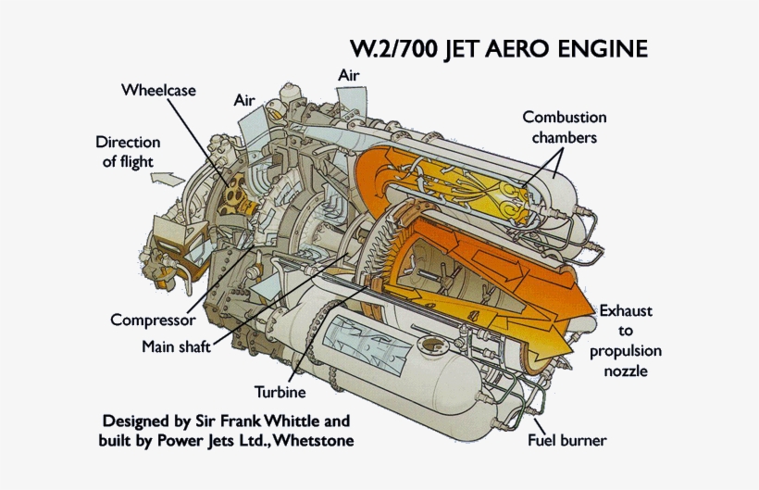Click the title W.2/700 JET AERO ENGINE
click(x=497, y=48)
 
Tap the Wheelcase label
click(x=157, y=91)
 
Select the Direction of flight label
click(x=128, y=151)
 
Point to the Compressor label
click(x=153, y=320)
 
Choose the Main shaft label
click(x=176, y=347)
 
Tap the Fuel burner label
click(x=566, y=440)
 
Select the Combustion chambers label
click(x=564, y=128)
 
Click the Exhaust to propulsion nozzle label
click(x=625, y=341)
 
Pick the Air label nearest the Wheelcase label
click(x=244, y=99)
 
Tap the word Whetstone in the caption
click(x=314, y=439)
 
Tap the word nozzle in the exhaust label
click(x=625, y=371)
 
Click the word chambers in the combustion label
click(x=564, y=138)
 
